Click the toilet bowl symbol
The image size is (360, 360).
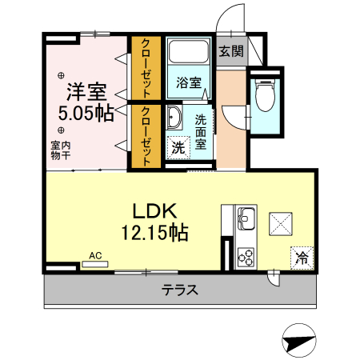tap(265, 95)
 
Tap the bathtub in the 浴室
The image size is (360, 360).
tap(189, 51)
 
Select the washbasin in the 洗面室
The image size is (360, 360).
tap(174, 118)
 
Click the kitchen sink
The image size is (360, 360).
tap(246, 218)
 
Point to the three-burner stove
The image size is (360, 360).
tap(246, 258)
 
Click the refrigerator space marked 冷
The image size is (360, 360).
tap(302, 258)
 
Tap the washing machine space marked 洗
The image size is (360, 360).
tap(178, 147)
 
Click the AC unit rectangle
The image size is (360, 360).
tap(95, 264)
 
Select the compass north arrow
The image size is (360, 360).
tap(299, 342)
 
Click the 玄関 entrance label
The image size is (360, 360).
tap(231, 51)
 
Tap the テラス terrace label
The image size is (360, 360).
tap(180, 290)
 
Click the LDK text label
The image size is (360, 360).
tap(155, 211)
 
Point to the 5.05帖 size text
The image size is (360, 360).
tap(86, 114)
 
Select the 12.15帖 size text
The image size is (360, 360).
tap(155, 233)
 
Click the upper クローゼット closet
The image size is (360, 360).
tap(146, 68)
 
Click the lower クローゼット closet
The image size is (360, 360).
tap(146, 136)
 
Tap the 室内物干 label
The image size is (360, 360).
tap(61, 150)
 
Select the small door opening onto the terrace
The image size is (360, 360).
tap(274, 278)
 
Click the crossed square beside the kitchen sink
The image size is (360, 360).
tap(281, 224)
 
